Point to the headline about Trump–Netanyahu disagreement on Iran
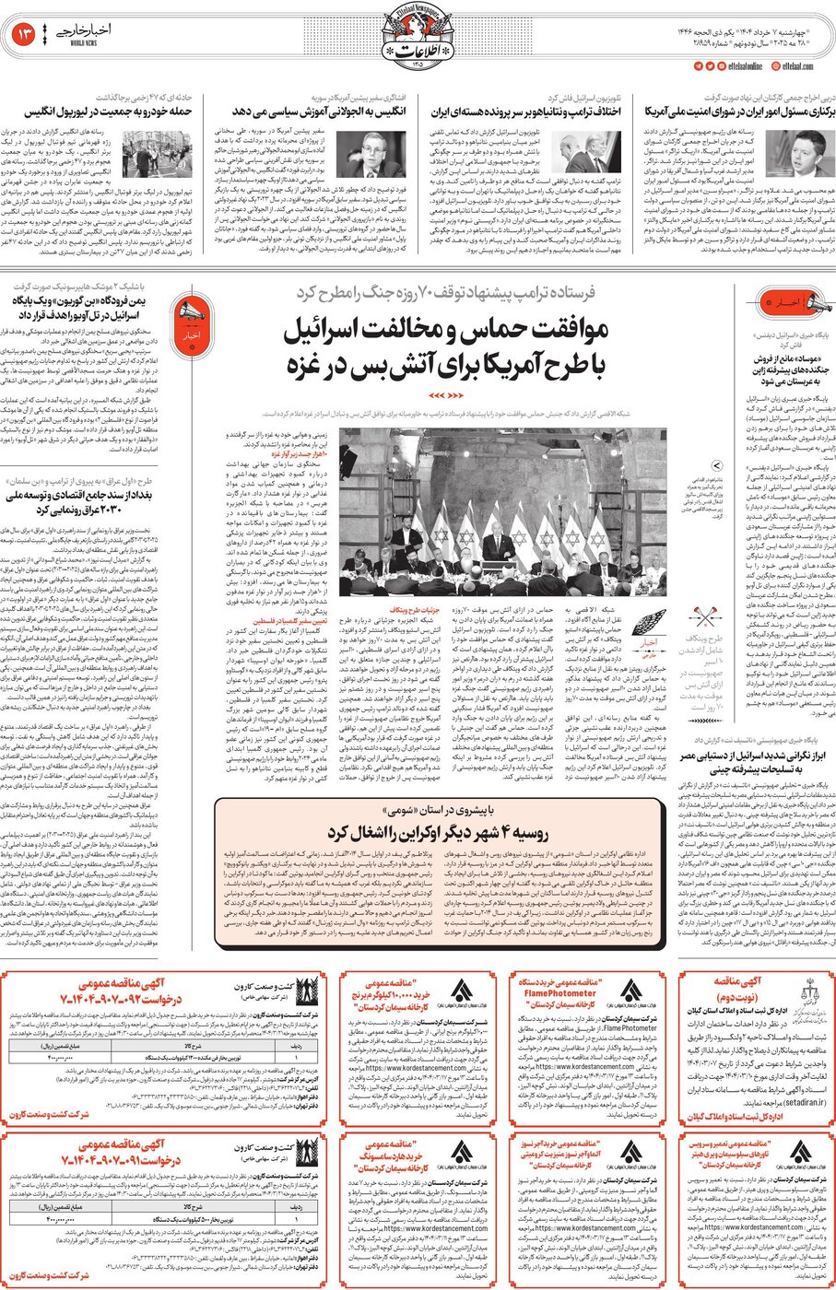coord(526,111)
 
